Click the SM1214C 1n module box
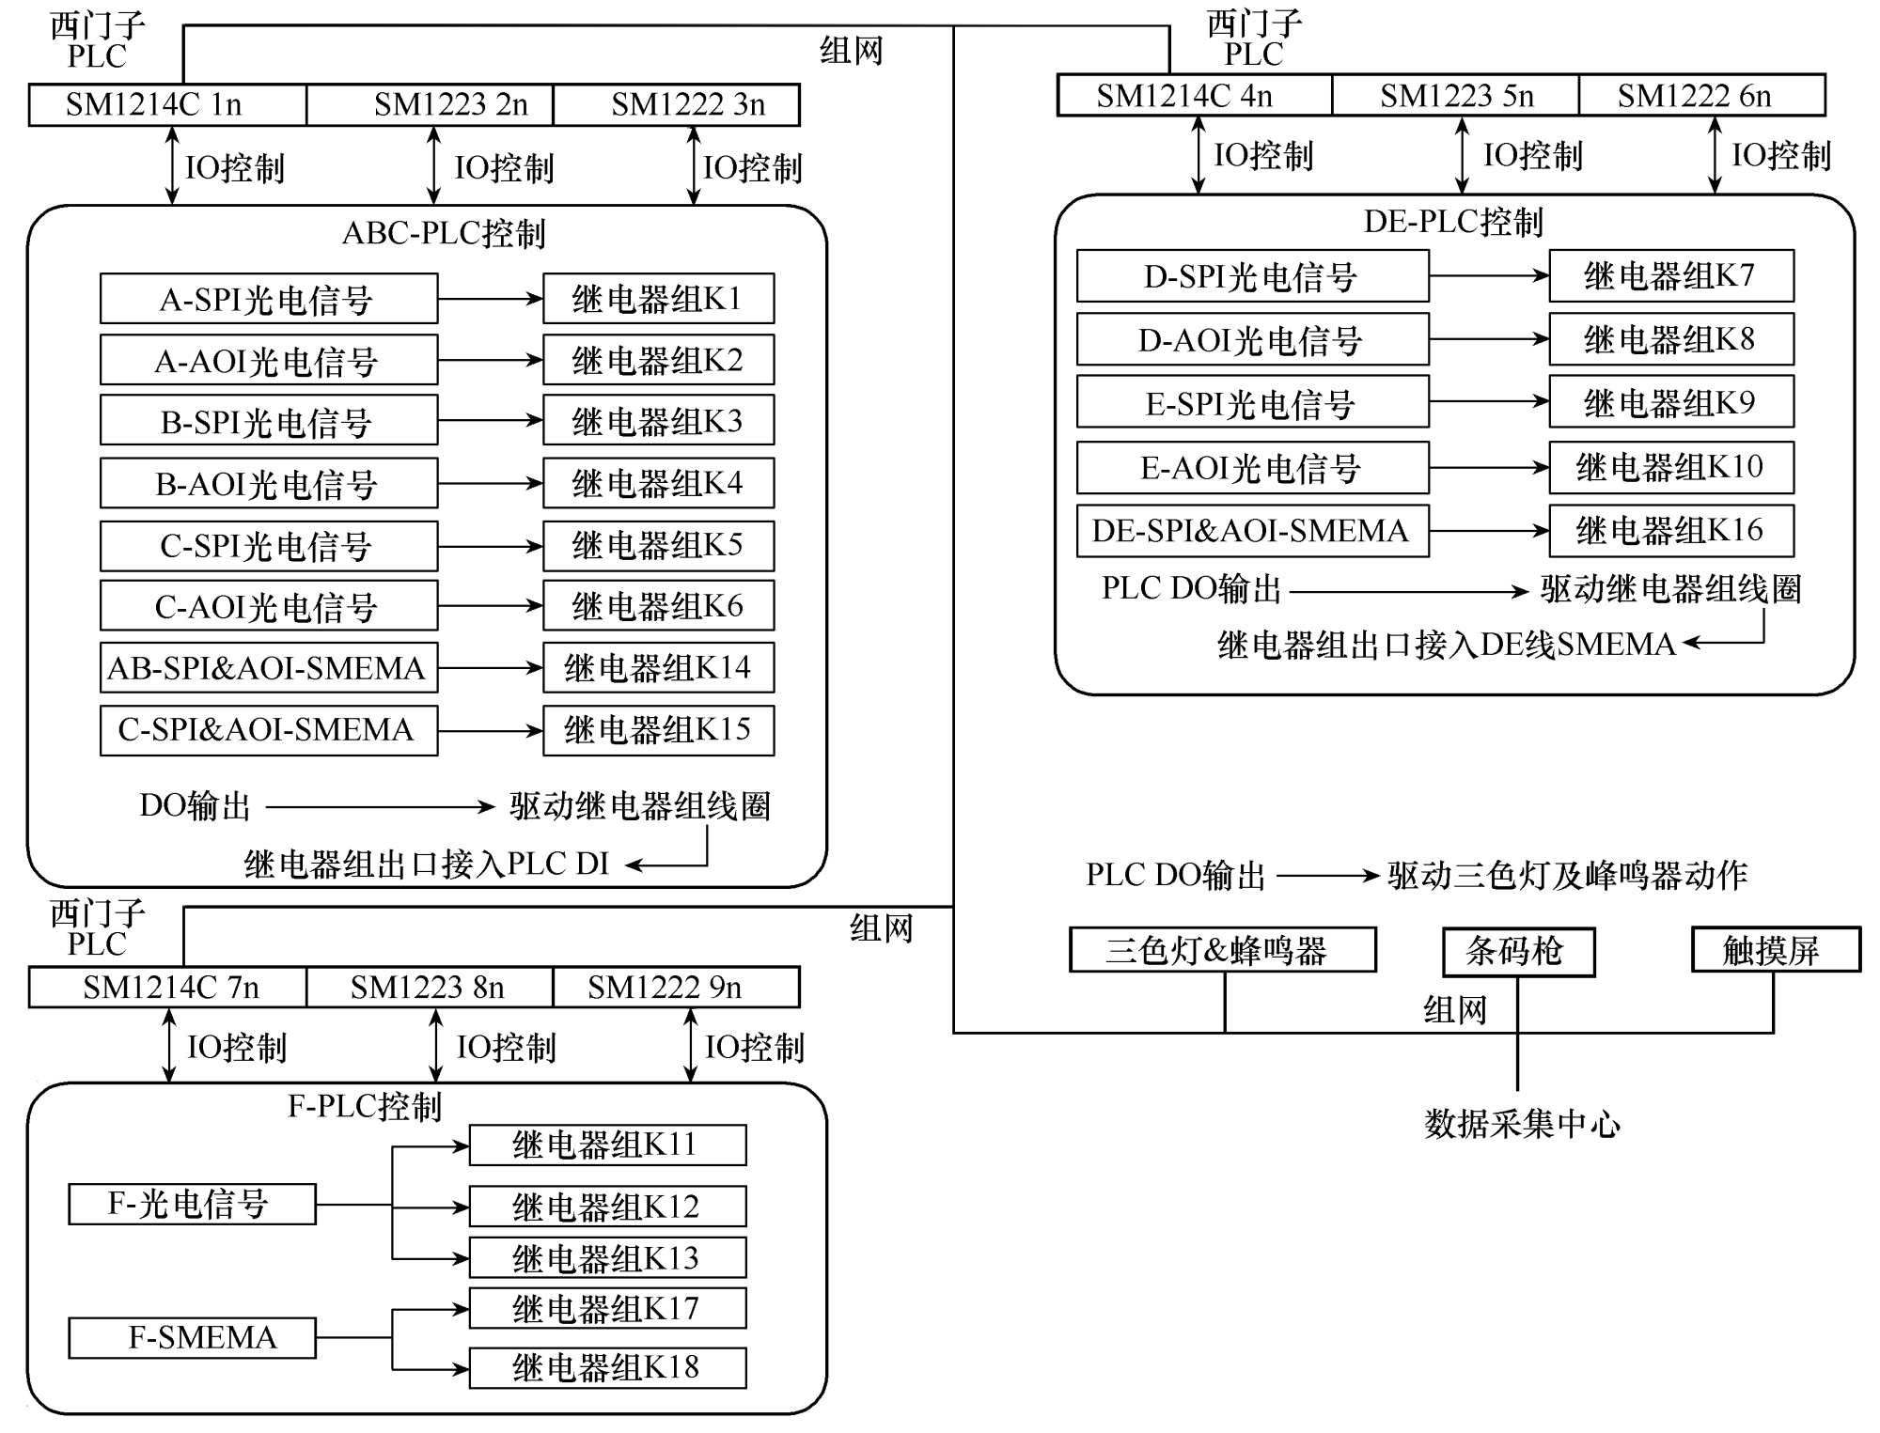[167, 105]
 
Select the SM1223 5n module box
[1455, 96]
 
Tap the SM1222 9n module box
[676, 988]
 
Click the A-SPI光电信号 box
[269, 299]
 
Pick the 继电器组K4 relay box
[658, 483]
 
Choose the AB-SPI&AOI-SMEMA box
[269, 667]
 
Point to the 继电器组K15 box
[658, 730]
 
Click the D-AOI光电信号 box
[1252, 339]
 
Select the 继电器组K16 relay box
[1670, 531]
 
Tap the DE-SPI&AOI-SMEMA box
[1252, 531]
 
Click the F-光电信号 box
[192, 1204]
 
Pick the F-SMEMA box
[192, 1337]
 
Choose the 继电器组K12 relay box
[607, 1207]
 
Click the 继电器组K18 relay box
[607, 1367]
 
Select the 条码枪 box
[1518, 952]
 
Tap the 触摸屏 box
[1776, 950]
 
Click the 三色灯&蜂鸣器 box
[1222, 950]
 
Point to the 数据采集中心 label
[1521, 1124]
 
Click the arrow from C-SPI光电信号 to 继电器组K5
[490, 546]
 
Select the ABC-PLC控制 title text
[444, 233]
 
